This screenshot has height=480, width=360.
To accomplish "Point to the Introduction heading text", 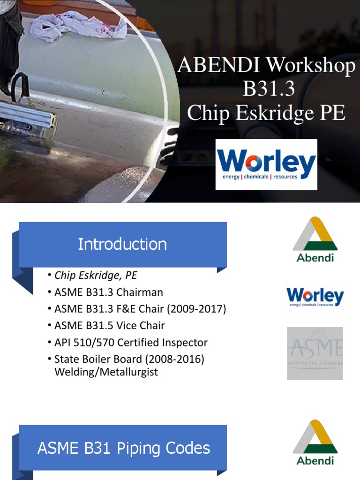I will tap(122, 244).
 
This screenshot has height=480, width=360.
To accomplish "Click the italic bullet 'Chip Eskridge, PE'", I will tap(96, 275).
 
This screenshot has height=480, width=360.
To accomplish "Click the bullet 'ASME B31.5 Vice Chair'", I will tap(110, 325).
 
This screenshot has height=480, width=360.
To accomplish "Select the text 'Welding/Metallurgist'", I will tap(106, 372).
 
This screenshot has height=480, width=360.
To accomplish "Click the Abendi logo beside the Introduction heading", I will tap(315, 239).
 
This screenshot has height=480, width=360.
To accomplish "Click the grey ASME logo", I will tap(315, 353).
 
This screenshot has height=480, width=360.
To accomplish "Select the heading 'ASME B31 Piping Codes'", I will tap(124, 448).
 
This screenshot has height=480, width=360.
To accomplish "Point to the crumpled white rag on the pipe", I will tap(80, 26).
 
